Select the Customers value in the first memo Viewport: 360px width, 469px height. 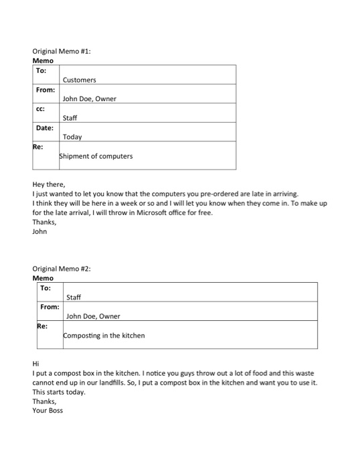pyautogui.click(x=79, y=80)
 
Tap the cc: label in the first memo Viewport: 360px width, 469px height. pyautogui.click(x=41, y=109)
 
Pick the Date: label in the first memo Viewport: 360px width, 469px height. pyautogui.click(x=45, y=127)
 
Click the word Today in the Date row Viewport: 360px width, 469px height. pyautogui.click(x=72, y=137)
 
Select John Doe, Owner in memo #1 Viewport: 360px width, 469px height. pyautogui.click(x=89, y=99)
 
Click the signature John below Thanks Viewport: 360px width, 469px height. pyautogui.click(x=40, y=232)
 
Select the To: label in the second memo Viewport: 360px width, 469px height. pyautogui.click(x=46, y=287)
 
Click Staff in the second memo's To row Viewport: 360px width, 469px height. pyautogui.click(x=74, y=297)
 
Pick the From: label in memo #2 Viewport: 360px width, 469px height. pyautogui.click(x=49, y=306)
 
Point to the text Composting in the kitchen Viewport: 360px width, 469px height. pyautogui.click(x=104, y=335)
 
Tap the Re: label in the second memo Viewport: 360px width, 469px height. pyautogui.click(x=42, y=326)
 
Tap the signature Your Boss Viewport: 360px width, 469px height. pyautogui.click(x=47, y=410)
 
